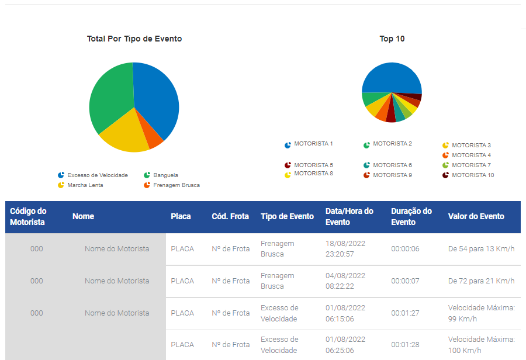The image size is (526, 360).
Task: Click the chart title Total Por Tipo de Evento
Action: click(134, 39)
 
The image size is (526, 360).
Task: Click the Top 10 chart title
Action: click(392, 39)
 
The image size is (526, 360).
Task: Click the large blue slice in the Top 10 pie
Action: click(392, 77)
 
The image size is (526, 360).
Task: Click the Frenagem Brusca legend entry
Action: click(172, 185)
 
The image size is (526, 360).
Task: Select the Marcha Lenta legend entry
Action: click(80, 185)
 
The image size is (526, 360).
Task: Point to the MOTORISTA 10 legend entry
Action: click(468, 175)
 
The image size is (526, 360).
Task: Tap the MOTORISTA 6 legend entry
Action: click(387, 165)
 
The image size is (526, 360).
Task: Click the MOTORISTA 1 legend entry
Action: click(309, 144)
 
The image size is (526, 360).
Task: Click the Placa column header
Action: click(181, 216)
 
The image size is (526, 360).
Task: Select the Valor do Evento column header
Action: click(476, 216)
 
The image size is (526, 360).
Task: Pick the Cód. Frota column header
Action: click(230, 216)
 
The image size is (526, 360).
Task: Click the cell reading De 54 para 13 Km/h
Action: click(481, 248)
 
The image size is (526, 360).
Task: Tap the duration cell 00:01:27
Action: click(405, 313)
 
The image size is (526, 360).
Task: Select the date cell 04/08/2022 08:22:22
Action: click(345, 281)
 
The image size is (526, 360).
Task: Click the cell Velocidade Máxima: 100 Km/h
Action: click(482, 345)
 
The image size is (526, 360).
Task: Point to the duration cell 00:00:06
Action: click(405, 248)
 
